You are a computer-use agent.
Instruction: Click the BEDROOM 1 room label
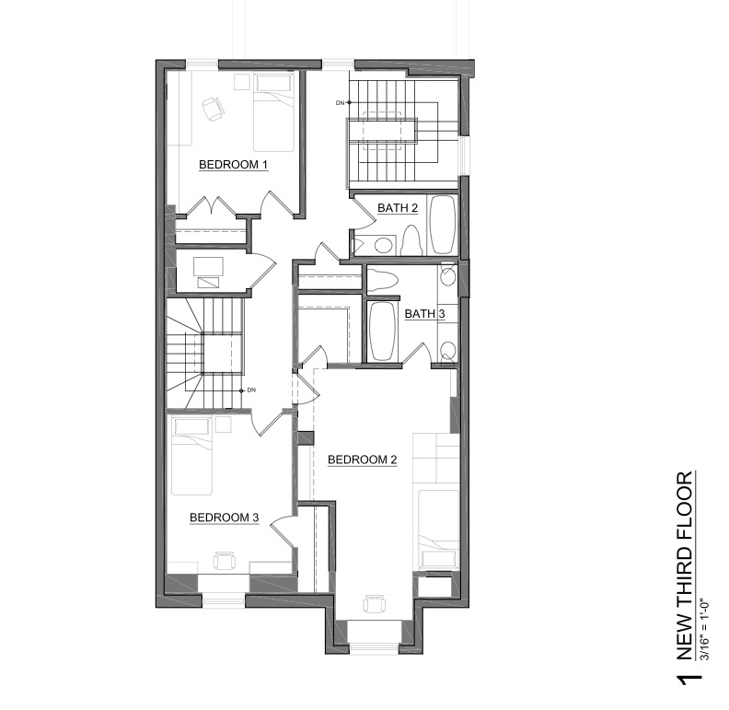point(234,165)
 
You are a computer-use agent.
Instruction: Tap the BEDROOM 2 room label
point(362,460)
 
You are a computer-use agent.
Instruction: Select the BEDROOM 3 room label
point(224,518)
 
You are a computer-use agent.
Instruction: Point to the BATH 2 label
point(398,208)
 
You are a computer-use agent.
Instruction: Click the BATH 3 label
point(424,314)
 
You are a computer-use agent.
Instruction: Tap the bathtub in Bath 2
point(441,226)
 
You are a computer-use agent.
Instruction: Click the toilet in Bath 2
point(411,239)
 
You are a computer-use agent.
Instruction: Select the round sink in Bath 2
point(383,245)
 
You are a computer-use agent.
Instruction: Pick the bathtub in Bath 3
point(383,331)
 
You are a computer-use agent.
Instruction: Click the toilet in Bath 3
point(383,280)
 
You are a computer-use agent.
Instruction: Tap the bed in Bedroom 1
point(274,112)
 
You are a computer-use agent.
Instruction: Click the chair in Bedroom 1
point(214,110)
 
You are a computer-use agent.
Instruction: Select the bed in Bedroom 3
point(192,456)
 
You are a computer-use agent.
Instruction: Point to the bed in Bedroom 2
point(438,530)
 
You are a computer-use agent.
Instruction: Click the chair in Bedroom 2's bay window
point(375,604)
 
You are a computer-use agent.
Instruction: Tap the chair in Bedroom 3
point(225,560)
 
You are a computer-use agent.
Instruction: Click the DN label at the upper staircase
point(340,103)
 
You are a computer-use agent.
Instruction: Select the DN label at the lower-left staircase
point(251,390)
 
